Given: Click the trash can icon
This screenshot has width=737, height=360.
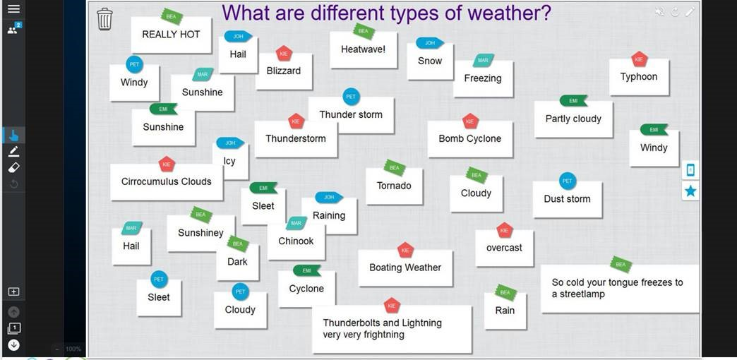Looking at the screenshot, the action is point(104,19).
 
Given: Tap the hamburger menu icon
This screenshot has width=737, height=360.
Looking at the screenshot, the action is point(13,9).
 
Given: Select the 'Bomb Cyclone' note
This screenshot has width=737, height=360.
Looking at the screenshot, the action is point(469,139).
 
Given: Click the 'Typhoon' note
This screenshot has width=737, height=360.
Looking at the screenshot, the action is point(639,77).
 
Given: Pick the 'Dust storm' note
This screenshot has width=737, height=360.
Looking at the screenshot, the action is point(567,199).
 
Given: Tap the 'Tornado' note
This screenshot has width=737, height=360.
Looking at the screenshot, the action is point(394,186).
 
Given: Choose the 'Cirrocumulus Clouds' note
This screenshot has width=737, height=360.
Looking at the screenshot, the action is point(167,182).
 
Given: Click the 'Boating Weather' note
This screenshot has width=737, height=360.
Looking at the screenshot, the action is point(405,268).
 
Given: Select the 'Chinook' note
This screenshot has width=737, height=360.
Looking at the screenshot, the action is point(296,241).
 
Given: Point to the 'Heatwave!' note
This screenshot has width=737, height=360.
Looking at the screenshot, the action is point(363,50).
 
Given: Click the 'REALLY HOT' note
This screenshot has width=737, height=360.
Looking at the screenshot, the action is point(171,35).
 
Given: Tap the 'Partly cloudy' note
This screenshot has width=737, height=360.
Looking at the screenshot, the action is point(573,119).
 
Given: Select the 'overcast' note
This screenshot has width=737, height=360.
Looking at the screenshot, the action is point(504,248).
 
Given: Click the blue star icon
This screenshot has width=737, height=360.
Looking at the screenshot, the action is point(690,191).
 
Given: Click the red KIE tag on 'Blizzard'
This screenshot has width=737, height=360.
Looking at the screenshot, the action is point(284,54).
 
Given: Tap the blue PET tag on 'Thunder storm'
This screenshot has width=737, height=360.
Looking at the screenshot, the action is point(351,97).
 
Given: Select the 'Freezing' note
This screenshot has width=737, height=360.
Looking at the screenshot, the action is point(483,79).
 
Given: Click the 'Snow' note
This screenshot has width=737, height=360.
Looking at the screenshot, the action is point(430,61).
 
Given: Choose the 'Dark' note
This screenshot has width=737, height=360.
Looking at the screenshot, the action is point(237,263).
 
